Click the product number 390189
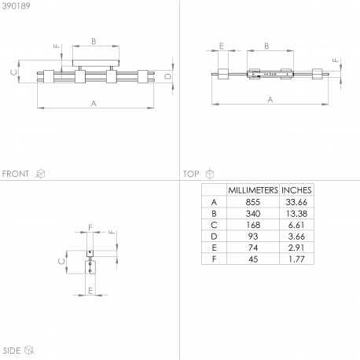coord(16,6)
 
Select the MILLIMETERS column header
coord(253,190)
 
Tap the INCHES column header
coord(296,190)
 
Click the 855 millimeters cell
coord(253,202)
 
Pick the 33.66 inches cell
coord(296,202)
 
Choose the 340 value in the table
coord(253,214)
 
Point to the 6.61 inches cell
coord(296,225)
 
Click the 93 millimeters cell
coord(253,237)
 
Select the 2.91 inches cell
coord(296,248)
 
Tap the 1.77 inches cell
coord(296,259)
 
